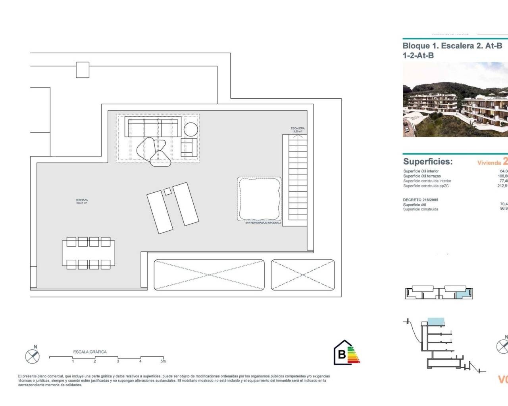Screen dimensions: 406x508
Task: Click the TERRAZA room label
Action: click(82, 201)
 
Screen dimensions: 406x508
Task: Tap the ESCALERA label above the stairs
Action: click(298, 128)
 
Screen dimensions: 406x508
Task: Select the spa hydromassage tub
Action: click(260, 199)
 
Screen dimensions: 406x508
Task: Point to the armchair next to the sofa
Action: click(189, 147)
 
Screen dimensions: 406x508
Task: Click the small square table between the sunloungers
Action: click(167, 191)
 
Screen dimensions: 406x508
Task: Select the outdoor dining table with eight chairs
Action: click(89, 253)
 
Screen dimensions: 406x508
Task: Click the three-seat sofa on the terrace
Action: click(153, 126)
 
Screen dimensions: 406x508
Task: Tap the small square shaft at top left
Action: click(83, 70)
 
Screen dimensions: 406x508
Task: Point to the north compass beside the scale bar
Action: click(33, 356)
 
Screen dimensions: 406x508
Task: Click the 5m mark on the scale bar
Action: click(163, 361)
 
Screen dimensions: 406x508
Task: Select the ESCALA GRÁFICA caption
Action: click(90, 352)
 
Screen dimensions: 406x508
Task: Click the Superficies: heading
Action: click(428, 162)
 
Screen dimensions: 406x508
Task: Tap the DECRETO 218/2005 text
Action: click(421, 200)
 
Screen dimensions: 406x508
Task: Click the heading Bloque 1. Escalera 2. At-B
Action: click(452, 46)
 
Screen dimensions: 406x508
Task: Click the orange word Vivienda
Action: click(489, 163)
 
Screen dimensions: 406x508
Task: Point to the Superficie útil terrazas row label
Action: click(422, 176)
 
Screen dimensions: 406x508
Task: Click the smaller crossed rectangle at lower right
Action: click(303, 275)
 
